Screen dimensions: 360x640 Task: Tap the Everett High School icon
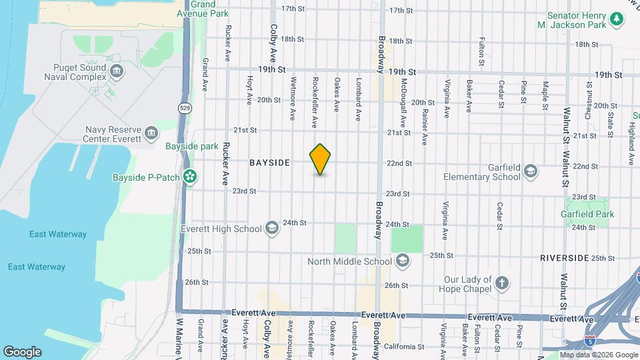[x=271, y=229]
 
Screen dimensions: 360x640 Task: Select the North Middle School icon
[x=402, y=261]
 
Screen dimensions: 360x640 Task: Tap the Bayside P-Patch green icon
[x=191, y=177]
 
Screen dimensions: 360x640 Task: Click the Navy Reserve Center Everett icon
[x=151, y=132]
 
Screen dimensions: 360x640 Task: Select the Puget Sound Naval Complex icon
[x=117, y=71]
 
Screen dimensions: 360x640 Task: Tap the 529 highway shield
[x=183, y=107]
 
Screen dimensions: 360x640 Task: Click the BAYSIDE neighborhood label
[x=269, y=163]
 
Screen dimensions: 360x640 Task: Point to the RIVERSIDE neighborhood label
[x=563, y=257]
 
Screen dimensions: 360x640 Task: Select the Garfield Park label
[x=588, y=214]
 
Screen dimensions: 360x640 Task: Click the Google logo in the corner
[x=22, y=351]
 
